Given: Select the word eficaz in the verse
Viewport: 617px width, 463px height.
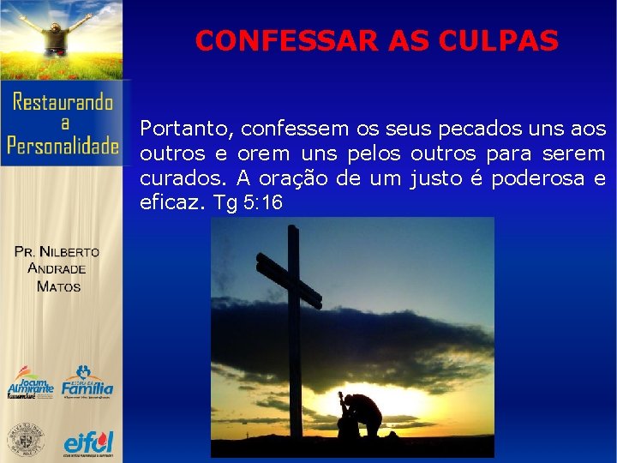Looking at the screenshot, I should click(171, 203).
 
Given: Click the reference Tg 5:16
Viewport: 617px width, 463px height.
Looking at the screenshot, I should click(249, 203).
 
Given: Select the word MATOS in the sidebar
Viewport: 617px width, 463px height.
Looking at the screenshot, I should click(58, 286).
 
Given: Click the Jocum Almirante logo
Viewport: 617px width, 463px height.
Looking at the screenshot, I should click(30, 383).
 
